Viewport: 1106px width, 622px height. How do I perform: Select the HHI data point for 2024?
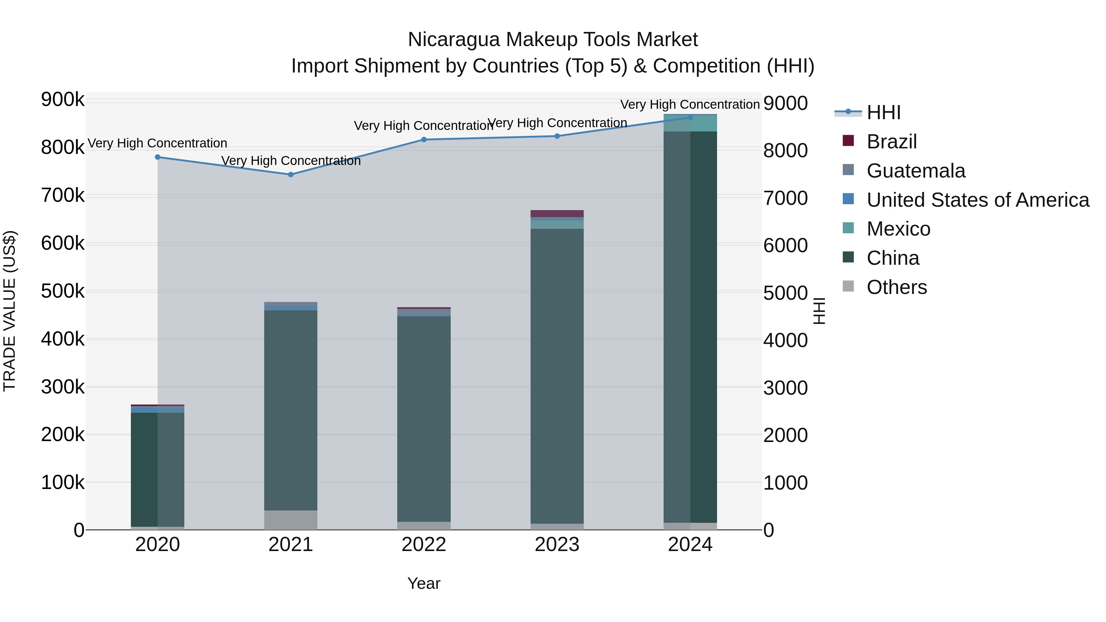coord(690,117)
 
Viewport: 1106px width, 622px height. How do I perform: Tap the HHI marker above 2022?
coord(424,139)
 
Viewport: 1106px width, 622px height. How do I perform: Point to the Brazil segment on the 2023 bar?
coord(557,214)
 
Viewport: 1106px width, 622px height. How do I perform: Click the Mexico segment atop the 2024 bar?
coord(690,123)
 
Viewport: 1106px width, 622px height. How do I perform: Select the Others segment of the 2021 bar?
coord(291,520)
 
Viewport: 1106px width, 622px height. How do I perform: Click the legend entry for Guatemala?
coord(916,171)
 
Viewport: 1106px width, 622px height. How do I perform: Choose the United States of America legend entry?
coord(978,200)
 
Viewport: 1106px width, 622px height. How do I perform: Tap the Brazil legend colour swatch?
coord(848,141)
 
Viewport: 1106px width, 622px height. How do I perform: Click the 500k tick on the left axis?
coord(63,291)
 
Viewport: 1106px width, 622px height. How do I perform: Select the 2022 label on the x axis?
coord(424,545)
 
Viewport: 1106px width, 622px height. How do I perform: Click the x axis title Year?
coord(424,583)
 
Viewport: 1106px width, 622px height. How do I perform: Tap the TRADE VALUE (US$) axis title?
coord(10,311)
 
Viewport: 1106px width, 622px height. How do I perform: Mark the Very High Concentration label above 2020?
coord(157,143)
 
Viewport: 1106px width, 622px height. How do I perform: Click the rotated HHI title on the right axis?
coord(819,311)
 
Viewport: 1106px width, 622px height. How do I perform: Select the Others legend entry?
coord(896,287)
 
